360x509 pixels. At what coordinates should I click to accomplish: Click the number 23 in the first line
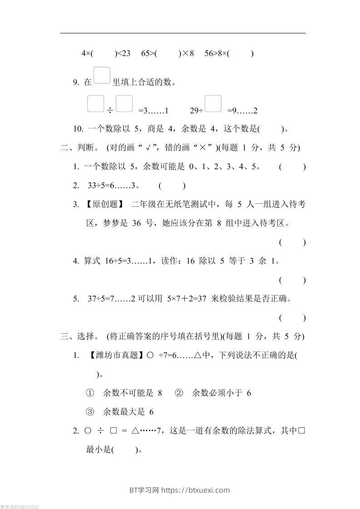(x=125, y=54)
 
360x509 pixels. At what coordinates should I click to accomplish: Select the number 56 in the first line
(x=210, y=54)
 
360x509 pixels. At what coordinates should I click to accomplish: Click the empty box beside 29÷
(x=213, y=104)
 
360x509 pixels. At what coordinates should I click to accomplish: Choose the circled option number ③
(x=89, y=412)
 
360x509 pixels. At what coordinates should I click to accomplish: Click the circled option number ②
(x=178, y=393)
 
